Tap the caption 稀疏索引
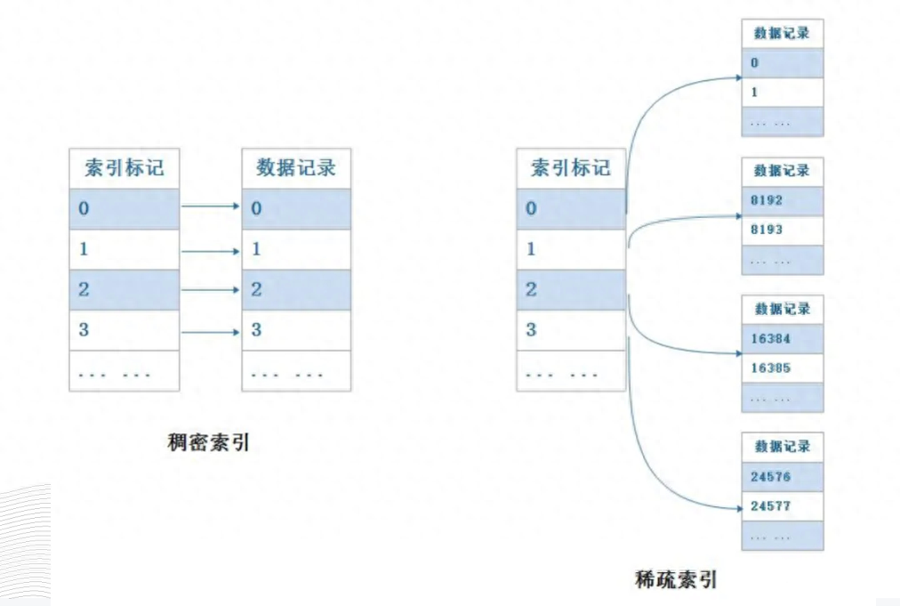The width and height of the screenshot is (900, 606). pos(677,579)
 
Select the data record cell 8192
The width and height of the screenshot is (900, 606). pos(783,200)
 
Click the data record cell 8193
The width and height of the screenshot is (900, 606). pos(783,230)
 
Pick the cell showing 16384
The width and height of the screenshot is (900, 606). pos(783,339)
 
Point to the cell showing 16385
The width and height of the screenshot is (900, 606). pos(783,368)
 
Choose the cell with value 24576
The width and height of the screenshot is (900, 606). pos(783,477)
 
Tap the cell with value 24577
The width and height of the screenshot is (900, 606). pos(783,506)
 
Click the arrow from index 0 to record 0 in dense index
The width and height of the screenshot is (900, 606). pos(211,206)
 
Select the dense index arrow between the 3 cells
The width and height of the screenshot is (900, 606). pos(211,332)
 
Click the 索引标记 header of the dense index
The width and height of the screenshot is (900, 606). pos(125,167)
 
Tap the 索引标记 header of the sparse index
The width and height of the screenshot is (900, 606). pos(571,167)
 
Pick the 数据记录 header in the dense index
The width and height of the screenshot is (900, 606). pos(296,167)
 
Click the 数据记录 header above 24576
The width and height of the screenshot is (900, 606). pos(783,447)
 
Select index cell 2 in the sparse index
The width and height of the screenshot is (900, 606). pos(571,289)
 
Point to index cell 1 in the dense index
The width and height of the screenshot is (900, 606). pos(125,249)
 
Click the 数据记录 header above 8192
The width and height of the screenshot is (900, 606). pos(783,170)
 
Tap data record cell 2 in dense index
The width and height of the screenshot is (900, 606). pos(296,289)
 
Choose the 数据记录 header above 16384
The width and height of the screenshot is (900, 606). pos(783,309)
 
